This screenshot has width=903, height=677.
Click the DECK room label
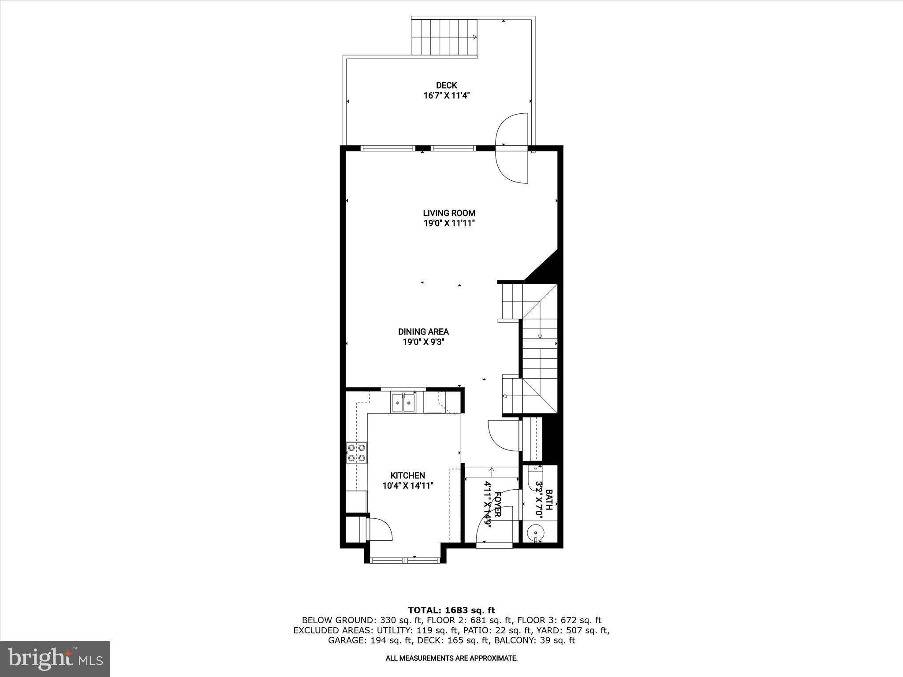446,85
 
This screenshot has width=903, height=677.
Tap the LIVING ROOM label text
449,213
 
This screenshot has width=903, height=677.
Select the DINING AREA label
423,331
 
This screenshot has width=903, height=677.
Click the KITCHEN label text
408,475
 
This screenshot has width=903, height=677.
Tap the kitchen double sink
403,402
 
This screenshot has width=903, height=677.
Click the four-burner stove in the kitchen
356,453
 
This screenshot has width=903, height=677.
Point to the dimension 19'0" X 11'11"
449,223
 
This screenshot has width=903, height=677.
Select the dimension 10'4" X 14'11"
408,486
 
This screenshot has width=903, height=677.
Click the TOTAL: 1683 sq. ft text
451,610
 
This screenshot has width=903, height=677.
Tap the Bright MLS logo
55,658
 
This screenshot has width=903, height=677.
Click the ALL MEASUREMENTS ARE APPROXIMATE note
451,658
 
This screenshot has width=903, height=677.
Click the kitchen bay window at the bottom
405,560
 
